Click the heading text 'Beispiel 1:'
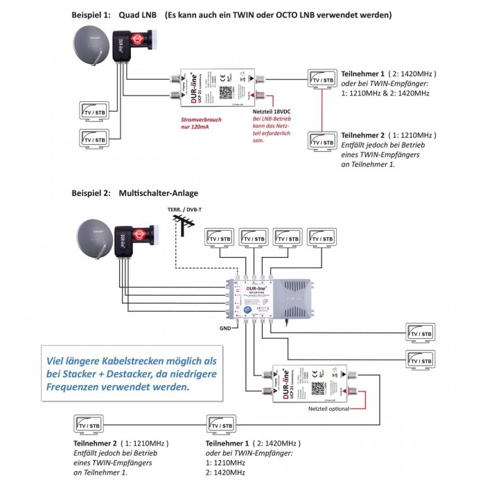[x=92, y=15]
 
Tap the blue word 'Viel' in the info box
[x=57, y=360]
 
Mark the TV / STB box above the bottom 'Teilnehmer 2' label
[x=89, y=424]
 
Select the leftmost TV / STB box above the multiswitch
[x=220, y=238]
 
